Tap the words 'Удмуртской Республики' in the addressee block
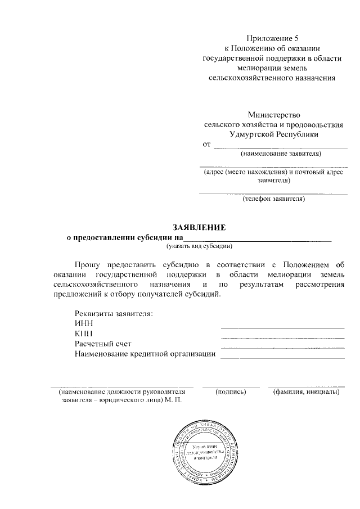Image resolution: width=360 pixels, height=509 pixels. pos(273,134)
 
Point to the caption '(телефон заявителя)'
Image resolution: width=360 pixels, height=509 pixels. pos(273,199)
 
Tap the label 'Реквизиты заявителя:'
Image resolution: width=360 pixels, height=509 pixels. pos(114,313)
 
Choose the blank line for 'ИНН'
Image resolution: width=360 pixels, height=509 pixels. pos(282,327)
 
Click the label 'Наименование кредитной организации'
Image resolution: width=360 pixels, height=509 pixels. pos(145,354)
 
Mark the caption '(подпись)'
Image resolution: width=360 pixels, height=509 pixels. pos(231,391)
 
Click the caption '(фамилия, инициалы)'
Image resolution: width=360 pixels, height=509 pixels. pos(306,391)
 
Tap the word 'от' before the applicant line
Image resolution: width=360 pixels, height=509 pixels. pos(206,145)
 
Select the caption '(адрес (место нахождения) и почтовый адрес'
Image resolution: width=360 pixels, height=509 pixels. pos(273,173)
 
